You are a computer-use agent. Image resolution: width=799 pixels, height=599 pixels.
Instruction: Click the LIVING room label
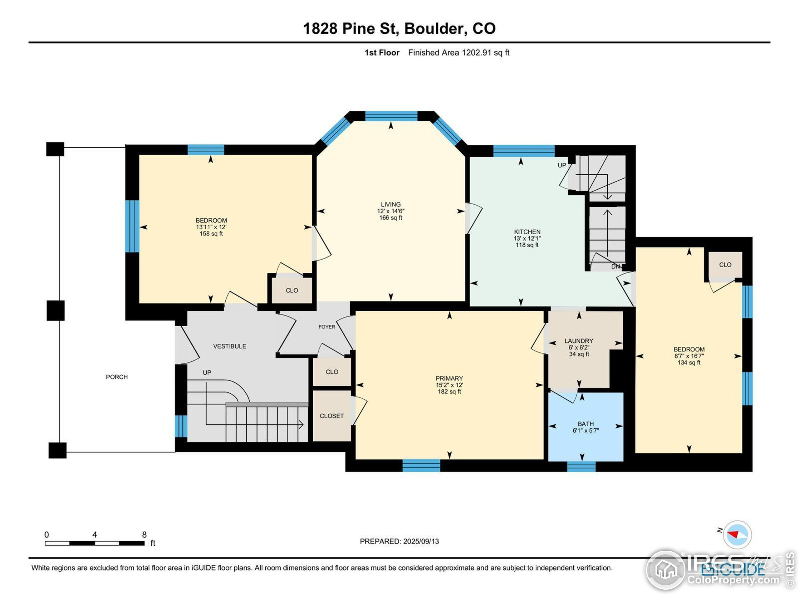390,204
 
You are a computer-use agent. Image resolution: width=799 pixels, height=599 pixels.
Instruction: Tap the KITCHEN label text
527,232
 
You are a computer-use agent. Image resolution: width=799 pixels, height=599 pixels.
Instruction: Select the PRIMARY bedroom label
449,378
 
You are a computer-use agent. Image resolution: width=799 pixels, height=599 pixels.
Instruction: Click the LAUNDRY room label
579,341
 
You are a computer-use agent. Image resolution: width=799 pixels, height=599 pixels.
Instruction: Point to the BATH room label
586,424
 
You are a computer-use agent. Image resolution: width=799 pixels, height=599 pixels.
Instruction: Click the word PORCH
117,377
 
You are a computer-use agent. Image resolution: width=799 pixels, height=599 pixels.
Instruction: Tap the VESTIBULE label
229,346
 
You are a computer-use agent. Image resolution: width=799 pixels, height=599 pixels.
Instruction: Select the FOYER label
326,327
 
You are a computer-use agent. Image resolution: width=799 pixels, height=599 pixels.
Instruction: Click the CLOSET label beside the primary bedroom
331,416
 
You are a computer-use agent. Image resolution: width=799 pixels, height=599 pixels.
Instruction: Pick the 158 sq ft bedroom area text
211,234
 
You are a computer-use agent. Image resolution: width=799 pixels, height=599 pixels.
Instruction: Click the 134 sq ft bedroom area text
689,363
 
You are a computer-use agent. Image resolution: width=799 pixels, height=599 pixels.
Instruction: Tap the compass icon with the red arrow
737,534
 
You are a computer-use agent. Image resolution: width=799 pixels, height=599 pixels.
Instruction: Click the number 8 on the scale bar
144,535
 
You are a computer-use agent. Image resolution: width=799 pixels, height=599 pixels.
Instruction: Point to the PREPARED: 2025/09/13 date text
399,541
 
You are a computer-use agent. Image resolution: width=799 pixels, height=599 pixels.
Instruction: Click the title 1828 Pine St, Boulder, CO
399,28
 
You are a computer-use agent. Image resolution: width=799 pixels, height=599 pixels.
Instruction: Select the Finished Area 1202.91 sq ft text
458,53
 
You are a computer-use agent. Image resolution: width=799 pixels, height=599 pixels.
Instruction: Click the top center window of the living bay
391,116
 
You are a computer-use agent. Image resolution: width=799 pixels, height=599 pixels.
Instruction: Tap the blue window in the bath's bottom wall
581,466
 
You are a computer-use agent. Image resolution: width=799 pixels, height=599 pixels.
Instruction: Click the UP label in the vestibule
207,373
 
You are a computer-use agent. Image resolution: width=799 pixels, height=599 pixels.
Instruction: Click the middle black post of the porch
56,310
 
